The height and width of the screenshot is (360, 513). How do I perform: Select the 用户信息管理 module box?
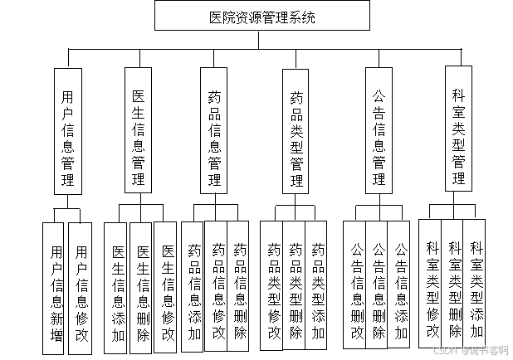68,131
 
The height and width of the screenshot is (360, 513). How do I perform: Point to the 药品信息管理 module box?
214,131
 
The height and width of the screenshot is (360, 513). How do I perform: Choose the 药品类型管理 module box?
296,131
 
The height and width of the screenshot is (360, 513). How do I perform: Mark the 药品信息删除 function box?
240,290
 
